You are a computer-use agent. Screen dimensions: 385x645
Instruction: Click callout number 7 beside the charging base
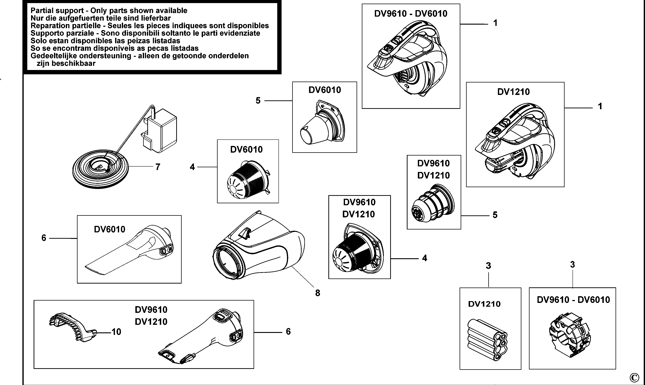click(x=158, y=167)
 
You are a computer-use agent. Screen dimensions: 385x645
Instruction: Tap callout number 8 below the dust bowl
click(x=318, y=293)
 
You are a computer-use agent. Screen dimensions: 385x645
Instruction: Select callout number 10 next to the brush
click(x=116, y=331)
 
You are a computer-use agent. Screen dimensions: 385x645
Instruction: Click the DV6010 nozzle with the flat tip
click(x=130, y=252)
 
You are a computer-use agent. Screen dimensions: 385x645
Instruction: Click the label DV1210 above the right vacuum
click(x=513, y=92)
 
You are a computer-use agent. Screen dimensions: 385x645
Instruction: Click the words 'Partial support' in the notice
click(x=57, y=11)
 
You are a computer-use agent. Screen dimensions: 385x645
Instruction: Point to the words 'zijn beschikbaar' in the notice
click(x=66, y=63)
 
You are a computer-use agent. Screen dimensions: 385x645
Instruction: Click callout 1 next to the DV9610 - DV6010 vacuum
click(x=495, y=23)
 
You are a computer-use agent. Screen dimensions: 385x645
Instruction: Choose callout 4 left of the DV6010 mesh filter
click(x=192, y=167)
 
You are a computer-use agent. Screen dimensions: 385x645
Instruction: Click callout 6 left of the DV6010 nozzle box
click(x=44, y=238)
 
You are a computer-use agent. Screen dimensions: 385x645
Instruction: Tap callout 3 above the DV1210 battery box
click(x=488, y=266)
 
